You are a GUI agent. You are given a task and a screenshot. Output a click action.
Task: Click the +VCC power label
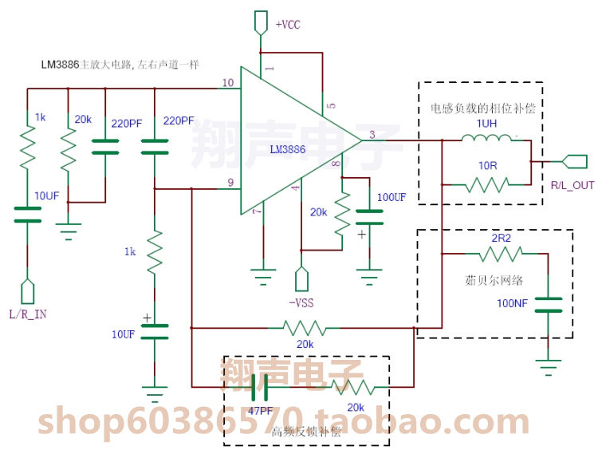(289, 25)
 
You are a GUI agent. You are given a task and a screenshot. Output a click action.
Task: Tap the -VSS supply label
(301, 302)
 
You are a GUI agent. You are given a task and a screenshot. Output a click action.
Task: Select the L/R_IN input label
(28, 314)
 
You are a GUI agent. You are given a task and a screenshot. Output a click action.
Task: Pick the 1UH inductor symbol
(488, 140)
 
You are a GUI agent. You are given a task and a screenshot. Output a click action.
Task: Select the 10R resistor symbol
(487, 185)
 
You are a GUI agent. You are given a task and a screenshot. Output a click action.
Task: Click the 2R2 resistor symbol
(502, 255)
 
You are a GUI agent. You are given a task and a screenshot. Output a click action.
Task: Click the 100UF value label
(391, 196)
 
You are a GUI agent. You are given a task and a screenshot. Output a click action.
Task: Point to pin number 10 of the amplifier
(228, 83)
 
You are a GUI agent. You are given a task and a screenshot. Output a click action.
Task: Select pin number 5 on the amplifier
(332, 105)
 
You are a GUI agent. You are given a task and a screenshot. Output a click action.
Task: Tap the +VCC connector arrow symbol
(261, 22)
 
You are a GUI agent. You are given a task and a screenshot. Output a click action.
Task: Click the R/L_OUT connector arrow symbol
(574, 162)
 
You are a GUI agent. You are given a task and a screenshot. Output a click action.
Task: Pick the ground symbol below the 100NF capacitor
(548, 366)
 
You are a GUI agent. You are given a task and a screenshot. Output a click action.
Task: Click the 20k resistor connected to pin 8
(341, 213)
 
